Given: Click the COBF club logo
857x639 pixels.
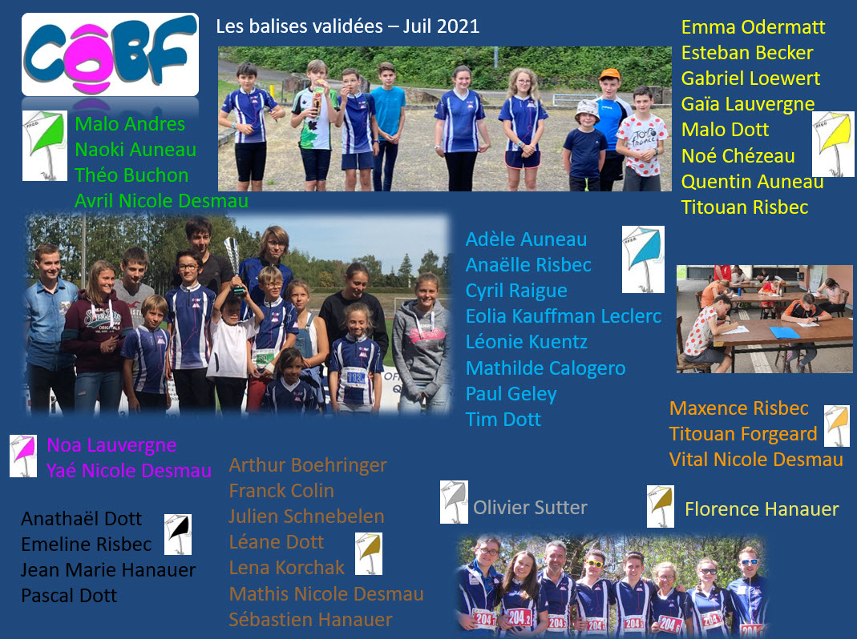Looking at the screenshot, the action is [x=111, y=54].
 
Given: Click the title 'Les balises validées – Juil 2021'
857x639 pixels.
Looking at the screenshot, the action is [x=348, y=26].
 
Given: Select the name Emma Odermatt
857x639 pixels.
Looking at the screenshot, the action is [x=753, y=27].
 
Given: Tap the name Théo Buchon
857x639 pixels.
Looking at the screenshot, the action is [x=131, y=175].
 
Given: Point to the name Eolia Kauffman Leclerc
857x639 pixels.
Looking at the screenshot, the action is [x=564, y=316].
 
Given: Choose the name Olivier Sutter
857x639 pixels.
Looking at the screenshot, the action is [x=530, y=508].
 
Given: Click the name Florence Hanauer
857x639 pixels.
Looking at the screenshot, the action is [x=762, y=509].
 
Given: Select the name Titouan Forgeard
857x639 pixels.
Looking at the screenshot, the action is [x=743, y=434].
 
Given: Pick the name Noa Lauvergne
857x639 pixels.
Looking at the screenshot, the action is [x=111, y=445].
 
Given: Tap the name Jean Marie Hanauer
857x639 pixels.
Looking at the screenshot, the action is [x=108, y=570].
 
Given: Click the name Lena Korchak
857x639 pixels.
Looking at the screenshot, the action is [x=287, y=568].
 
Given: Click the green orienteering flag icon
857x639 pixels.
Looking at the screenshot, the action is [x=45, y=145].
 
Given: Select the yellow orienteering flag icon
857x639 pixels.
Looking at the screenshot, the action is [x=833, y=144].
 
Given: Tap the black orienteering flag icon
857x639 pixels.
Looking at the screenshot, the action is [x=178, y=534].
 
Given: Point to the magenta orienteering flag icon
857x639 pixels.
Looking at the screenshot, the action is [x=23, y=456].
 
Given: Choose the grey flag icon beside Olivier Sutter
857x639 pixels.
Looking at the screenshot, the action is [x=455, y=502].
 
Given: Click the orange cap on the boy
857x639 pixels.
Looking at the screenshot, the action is [x=609, y=74].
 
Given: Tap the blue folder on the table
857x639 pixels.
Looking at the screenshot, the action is [x=785, y=332].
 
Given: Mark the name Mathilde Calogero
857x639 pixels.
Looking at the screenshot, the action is [x=545, y=368].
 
